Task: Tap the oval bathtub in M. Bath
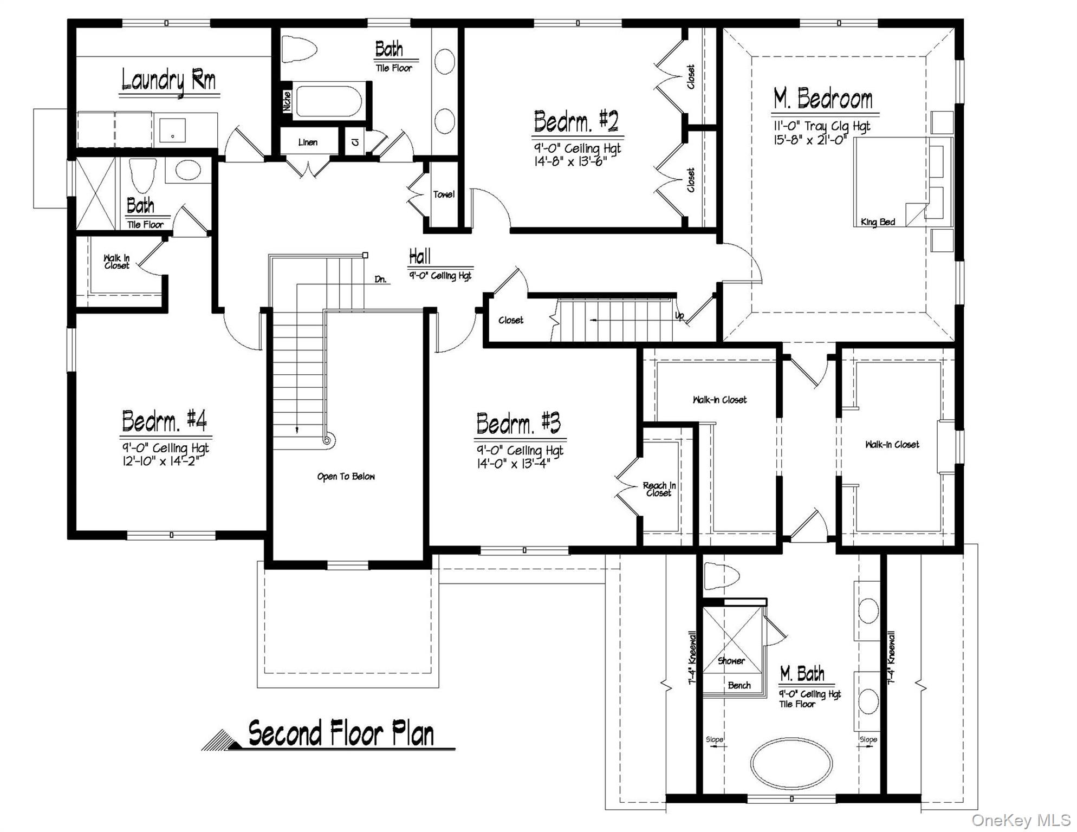click(791, 763)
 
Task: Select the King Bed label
click(878, 222)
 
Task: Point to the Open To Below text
click(346, 477)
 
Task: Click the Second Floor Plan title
click(341, 734)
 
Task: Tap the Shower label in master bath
click(731, 661)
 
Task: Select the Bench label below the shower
click(739, 685)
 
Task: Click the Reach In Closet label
click(659, 489)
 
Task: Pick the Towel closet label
click(443, 194)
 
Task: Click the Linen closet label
click(308, 142)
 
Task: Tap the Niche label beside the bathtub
click(287, 101)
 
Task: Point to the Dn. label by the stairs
click(380, 279)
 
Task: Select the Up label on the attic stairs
click(679, 316)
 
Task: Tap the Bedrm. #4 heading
click(164, 420)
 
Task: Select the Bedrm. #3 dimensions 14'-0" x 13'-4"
click(513, 463)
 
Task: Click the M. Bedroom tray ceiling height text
click(821, 126)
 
